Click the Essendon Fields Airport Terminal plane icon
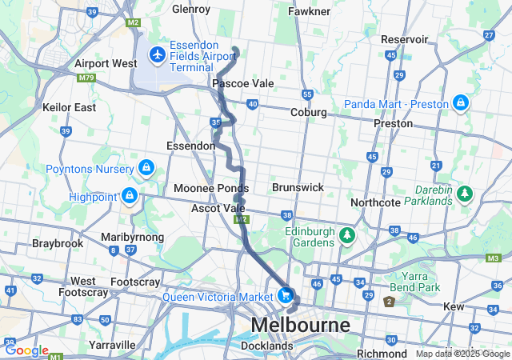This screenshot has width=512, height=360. coord(157,55)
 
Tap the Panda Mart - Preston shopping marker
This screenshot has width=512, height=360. coord(461,103)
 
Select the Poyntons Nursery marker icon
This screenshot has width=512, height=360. coord(146,167)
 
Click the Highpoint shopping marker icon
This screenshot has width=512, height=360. coord(129,194)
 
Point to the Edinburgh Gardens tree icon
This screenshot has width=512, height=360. coord(346,235)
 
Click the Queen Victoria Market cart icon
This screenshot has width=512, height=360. coord(285,295)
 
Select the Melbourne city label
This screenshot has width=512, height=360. coord(301,326)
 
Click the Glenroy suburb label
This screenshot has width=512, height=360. coord(191,10)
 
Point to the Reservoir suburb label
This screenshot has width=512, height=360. coord(405,39)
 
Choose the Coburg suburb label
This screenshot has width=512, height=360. coord(309,113)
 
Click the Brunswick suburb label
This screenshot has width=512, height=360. coord(298,187)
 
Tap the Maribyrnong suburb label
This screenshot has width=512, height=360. coord(133,237)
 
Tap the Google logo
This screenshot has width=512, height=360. coord(26,350)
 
